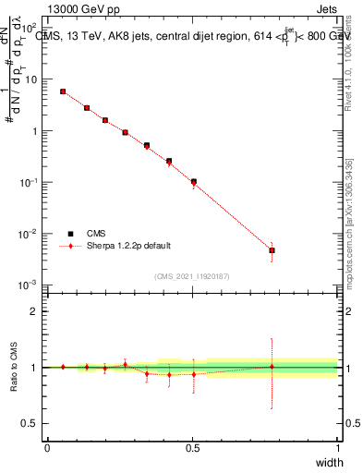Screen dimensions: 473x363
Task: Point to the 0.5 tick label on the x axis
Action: (x=192, y=448)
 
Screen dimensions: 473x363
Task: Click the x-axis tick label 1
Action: (x=337, y=448)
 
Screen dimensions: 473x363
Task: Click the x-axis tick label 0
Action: (x=47, y=448)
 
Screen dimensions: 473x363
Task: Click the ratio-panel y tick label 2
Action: (x=33, y=311)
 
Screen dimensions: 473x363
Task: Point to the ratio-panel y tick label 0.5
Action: (x=29, y=424)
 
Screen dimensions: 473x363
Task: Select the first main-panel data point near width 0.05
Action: (x=63, y=91)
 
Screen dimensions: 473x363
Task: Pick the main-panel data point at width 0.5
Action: (x=193, y=182)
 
